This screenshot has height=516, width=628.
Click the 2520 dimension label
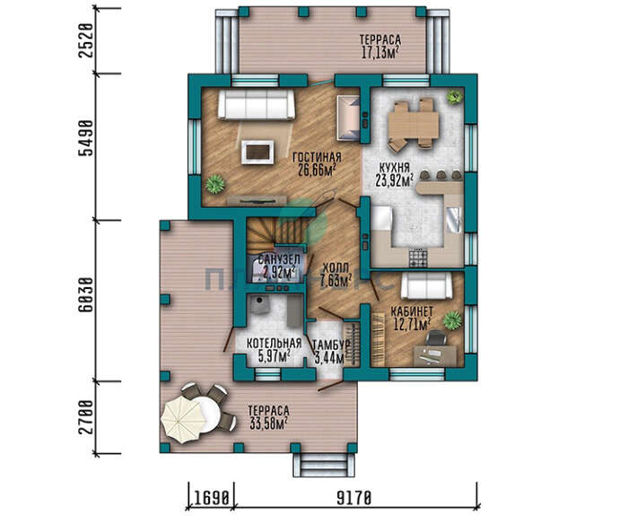tap(86, 40)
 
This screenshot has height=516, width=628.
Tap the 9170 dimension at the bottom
tap(354, 499)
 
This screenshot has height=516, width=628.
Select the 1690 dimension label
tap(212, 499)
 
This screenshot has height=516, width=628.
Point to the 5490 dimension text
tap(86, 138)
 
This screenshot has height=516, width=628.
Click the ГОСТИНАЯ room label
tap(317, 157)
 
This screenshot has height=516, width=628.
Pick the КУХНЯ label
tap(394, 168)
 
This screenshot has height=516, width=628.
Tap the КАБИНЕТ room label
tap(412, 311)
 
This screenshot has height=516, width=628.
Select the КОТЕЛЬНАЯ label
tap(274, 344)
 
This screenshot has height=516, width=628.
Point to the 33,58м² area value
tap(268, 424)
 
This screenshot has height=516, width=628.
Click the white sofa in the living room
tap(256, 105)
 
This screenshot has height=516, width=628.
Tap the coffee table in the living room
tap(257, 152)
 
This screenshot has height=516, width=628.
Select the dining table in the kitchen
tap(413, 124)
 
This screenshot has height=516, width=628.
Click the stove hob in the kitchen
tap(418, 257)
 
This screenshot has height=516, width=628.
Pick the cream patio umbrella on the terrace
tap(182, 419)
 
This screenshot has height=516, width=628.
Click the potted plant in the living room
tap(215, 184)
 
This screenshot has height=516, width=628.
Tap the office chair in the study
tap(436, 337)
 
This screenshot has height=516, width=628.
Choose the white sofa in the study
tap(426, 285)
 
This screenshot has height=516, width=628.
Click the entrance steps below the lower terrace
tap(325, 465)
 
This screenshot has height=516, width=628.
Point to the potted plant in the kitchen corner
tap(455, 97)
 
